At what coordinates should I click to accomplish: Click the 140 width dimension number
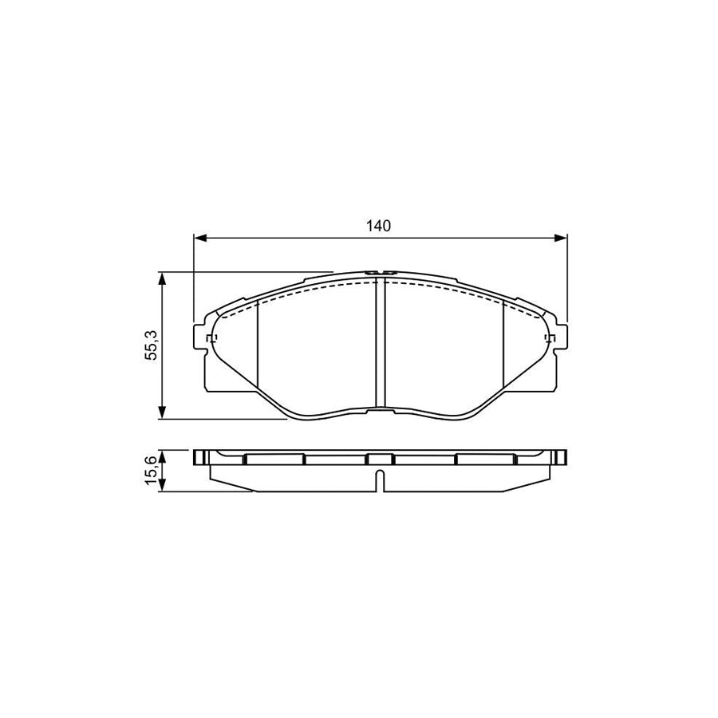pos(380,227)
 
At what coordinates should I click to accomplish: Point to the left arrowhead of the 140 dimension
pos(199,237)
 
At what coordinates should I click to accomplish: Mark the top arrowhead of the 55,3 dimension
pos(163,278)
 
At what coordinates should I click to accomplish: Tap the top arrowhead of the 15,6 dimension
pos(163,454)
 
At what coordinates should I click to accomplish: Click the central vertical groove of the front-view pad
pos(380,343)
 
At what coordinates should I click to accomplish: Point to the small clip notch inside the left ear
pos(211,341)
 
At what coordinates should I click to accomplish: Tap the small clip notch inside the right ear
pos(549,341)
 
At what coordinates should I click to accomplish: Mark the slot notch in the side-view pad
pos(380,482)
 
